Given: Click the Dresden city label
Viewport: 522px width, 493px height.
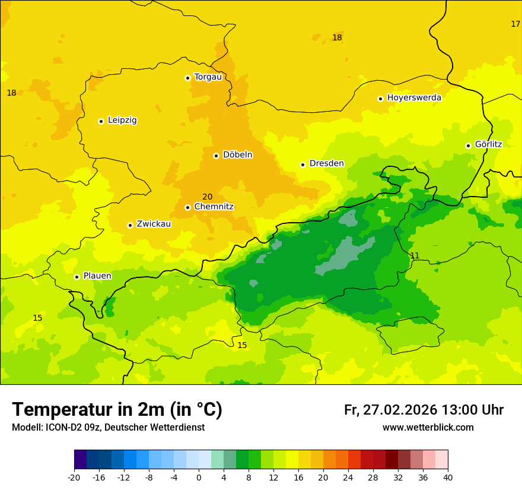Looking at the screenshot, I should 326,163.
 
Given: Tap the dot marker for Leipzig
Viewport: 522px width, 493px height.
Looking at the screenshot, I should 101,121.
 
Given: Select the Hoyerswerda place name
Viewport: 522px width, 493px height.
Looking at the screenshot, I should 414,97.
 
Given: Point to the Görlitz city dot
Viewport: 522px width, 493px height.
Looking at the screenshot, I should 468,146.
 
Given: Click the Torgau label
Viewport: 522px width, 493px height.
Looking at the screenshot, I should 208,77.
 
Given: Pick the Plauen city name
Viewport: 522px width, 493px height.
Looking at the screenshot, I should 97,276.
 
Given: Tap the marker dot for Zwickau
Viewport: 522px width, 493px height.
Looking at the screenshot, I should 130,225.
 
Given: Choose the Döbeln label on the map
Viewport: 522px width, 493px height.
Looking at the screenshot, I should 237,154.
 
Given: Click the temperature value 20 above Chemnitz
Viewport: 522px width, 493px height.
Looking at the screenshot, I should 207,197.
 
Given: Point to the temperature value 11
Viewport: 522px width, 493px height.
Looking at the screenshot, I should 415,255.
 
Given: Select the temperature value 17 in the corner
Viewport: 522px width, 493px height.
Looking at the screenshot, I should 515,24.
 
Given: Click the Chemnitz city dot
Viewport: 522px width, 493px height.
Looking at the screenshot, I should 187,207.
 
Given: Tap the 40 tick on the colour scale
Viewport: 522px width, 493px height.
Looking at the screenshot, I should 448,477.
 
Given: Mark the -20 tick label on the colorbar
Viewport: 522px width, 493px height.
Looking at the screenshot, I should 74,477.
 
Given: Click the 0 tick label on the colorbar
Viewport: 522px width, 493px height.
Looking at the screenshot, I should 199,477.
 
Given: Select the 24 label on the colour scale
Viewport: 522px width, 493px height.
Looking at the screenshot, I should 348,477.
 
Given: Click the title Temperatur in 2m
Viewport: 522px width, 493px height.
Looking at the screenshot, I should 117,409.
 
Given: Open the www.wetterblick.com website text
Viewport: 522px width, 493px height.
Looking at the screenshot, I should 428,427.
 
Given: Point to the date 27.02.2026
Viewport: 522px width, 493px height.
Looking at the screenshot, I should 398,410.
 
